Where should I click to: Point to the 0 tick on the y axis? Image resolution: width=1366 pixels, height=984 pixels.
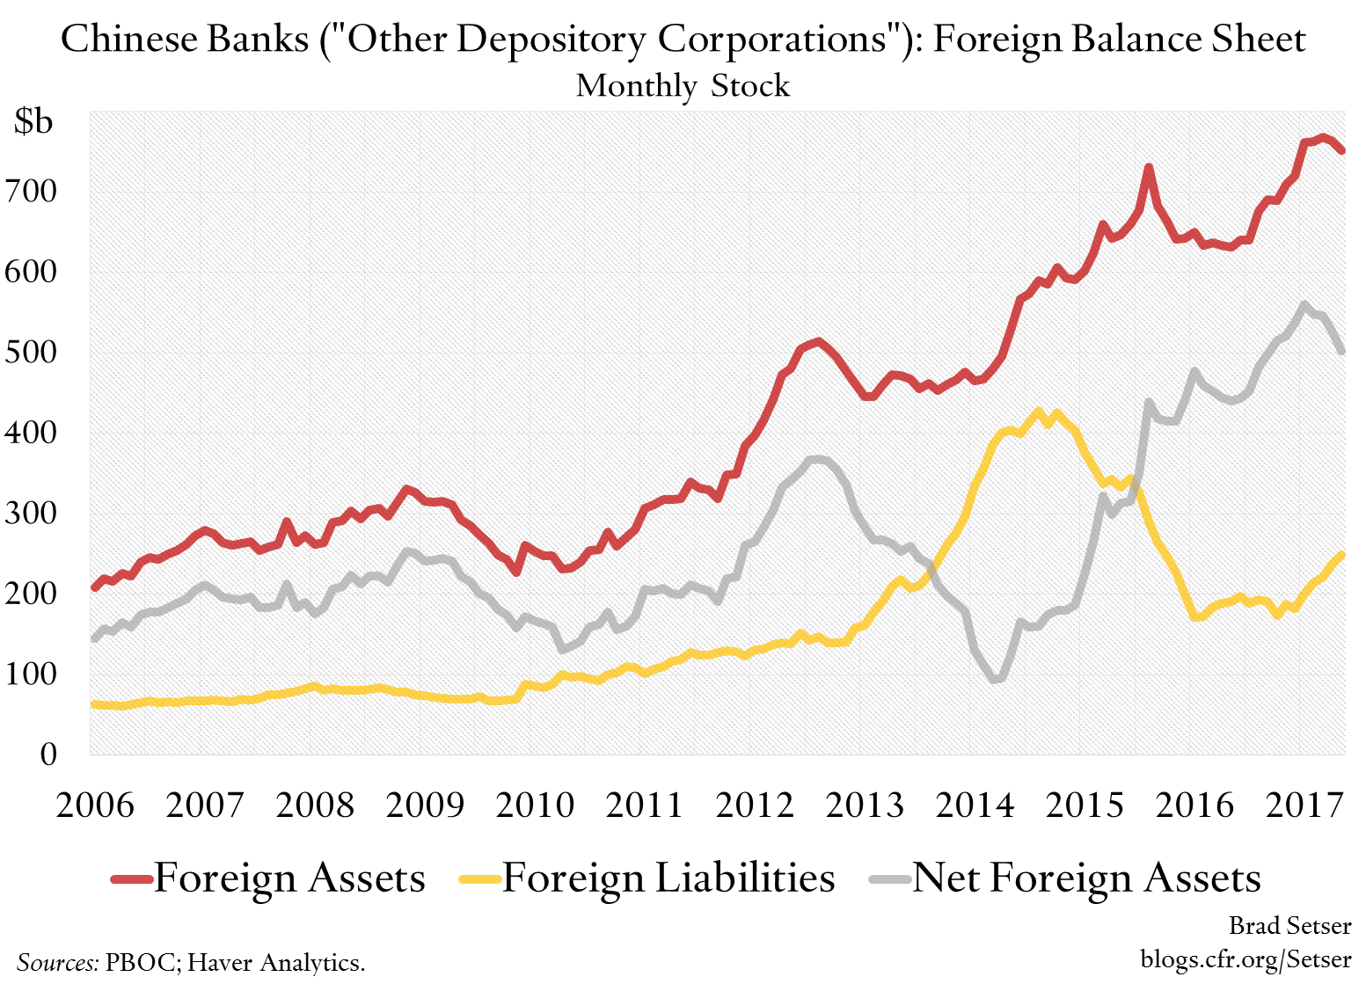pos(47,754)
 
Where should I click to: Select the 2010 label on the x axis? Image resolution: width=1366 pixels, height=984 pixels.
pos(535,805)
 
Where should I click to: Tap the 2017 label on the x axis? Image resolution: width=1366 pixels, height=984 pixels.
pos(1304,805)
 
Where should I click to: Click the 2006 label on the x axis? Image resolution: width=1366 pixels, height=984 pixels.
pos(95,805)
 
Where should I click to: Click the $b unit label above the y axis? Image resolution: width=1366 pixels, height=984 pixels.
pos(33,121)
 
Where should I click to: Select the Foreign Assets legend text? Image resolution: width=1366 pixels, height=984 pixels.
pos(289,878)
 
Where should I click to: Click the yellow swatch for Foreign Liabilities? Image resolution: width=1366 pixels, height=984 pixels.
pos(480,878)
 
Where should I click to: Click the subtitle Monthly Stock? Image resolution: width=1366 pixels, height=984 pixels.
pos(683,85)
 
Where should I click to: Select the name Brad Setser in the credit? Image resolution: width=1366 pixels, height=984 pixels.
pos(1289,925)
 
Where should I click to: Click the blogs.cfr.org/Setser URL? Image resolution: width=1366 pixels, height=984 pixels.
pos(1245,958)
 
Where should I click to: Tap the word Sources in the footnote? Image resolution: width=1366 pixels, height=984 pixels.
pos(57,962)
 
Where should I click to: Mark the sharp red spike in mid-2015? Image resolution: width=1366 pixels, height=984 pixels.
pos(1148,167)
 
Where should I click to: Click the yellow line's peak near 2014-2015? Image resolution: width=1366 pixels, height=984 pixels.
pos(1039,411)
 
